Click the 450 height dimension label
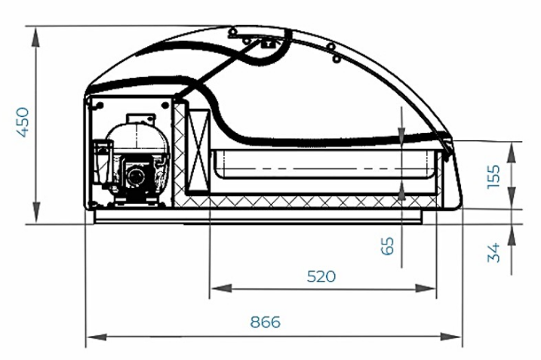click(x=23, y=122)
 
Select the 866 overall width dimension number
click(x=265, y=322)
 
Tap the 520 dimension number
click(x=321, y=276)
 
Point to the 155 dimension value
click(x=493, y=177)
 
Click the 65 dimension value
click(x=388, y=246)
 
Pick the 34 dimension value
click(x=493, y=253)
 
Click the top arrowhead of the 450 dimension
click(x=36, y=36)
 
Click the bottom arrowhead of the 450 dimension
click(x=36, y=214)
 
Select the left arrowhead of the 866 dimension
click(x=97, y=336)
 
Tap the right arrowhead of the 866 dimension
click(x=450, y=336)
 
